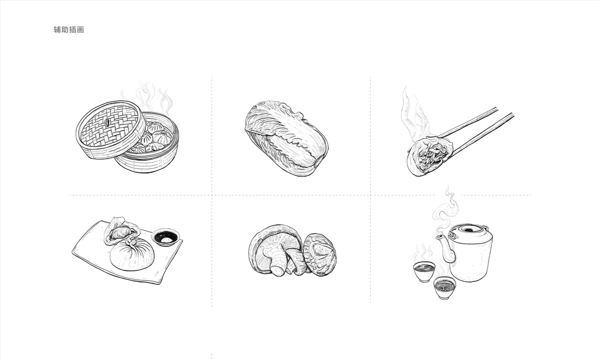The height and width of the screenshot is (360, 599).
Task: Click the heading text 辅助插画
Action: point(69,29)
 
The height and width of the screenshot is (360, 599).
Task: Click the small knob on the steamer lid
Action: point(107,122)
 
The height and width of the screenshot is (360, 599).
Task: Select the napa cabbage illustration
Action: point(287,138)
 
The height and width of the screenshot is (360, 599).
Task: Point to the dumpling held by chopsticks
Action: point(430,156)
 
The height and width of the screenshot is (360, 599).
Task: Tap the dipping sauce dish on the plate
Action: point(166,238)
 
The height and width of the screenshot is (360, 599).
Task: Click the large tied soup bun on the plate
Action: point(132,254)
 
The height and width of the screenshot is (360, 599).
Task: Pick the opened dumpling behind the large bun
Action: point(122,231)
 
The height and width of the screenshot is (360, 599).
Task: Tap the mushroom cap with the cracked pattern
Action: point(320,255)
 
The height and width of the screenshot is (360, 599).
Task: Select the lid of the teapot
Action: point(468,230)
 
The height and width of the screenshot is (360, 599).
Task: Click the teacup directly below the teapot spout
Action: point(424,271)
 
